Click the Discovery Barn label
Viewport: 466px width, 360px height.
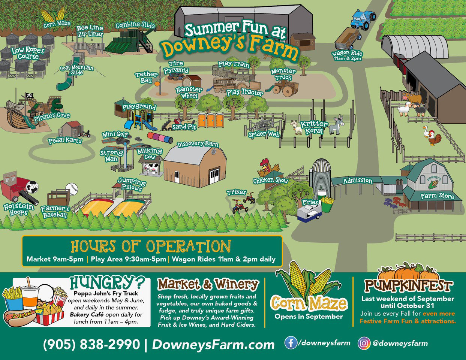pos(197,144)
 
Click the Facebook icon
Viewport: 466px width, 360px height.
pos(291,343)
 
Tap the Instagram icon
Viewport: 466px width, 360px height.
pos(364,343)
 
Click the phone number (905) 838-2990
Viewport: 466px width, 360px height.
pos(91,344)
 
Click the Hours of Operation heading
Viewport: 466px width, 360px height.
pos(151,246)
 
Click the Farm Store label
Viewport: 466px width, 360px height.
pos(437,196)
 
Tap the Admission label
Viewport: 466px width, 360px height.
pos(358,181)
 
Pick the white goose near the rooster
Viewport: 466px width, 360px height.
pos(425,132)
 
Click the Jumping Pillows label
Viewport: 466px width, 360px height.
pos(132,184)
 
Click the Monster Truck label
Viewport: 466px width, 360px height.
pos(283,74)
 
